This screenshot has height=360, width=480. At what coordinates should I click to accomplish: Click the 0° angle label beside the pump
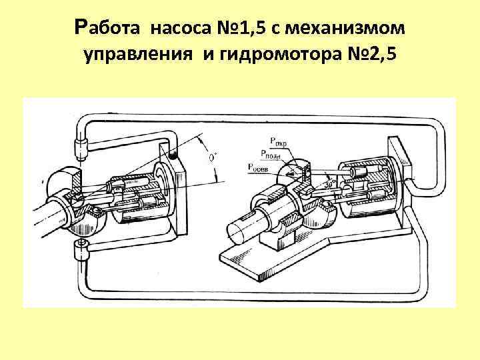[x=213, y=157]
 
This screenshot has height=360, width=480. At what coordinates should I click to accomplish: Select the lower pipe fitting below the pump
[x=79, y=252]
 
